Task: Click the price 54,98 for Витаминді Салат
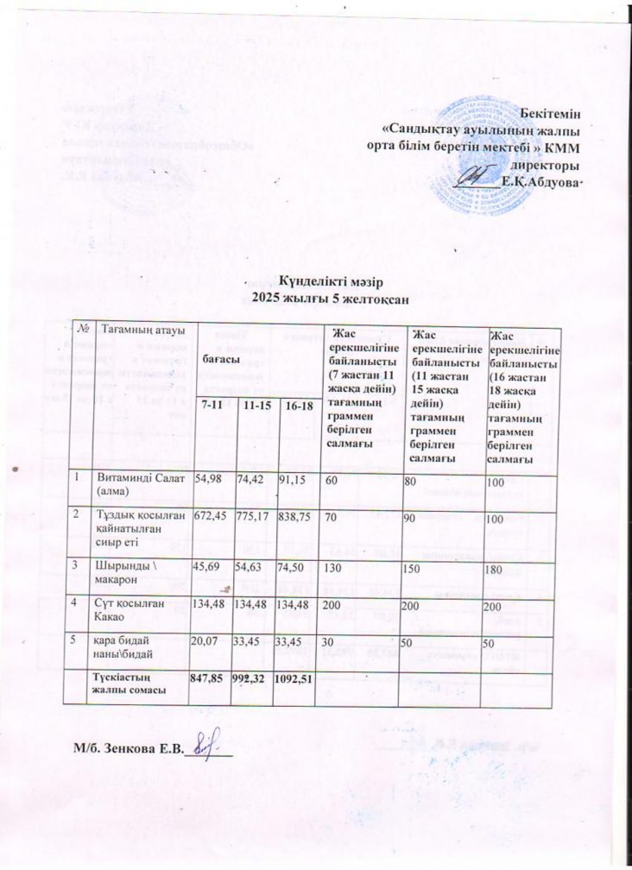(x=211, y=478)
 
